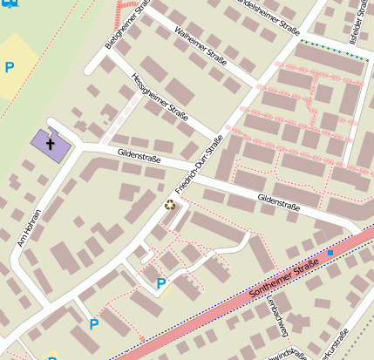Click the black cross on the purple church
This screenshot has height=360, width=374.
click(51, 143)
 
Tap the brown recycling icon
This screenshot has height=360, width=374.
click(170, 205)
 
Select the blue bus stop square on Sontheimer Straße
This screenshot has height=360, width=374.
click(330, 253)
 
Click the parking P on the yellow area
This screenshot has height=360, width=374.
click(10, 67)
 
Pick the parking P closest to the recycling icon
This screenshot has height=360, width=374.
click(160, 283)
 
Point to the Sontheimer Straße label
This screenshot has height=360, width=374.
click(283, 279)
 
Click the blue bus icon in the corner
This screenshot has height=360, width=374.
click(5, 3)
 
